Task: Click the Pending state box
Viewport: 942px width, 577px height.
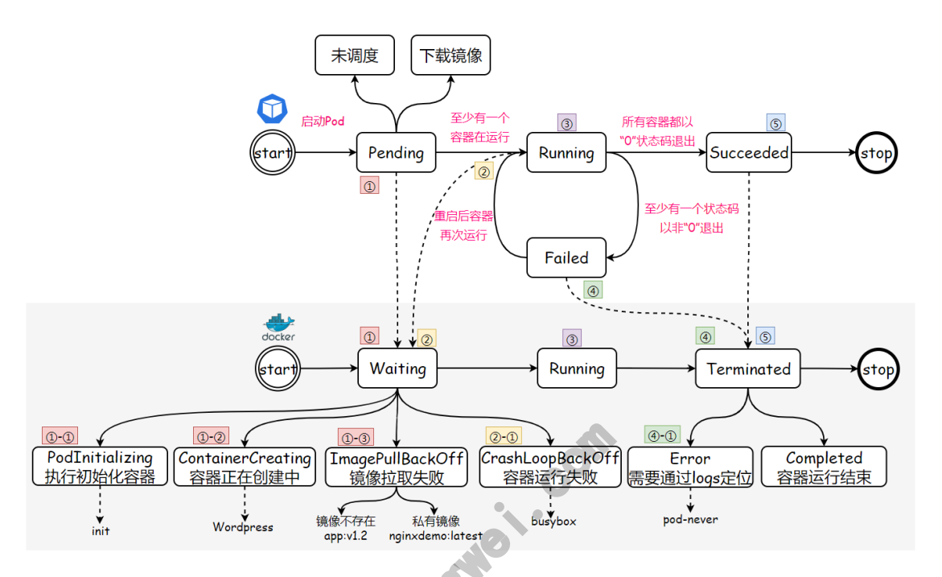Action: tap(396, 153)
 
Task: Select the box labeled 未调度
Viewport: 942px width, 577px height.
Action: tap(354, 56)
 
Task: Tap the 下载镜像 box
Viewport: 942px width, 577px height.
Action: tap(450, 56)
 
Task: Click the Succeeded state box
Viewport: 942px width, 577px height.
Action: tap(749, 153)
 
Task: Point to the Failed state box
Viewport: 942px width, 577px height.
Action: tap(566, 258)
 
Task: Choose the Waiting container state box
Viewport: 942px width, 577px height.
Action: tap(397, 369)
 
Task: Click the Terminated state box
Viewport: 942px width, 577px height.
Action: tap(748, 369)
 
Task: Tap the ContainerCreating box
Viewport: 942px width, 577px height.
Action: tap(245, 467)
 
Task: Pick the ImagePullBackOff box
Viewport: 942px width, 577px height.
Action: tap(397, 467)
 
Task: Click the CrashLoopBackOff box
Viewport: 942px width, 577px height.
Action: tap(550, 467)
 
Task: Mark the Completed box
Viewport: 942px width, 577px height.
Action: tap(824, 467)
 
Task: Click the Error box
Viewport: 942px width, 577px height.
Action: tap(690, 467)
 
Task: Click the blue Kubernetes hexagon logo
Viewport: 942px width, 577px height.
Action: tap(272, 109)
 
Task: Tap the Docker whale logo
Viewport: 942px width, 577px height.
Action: tap(278, 324)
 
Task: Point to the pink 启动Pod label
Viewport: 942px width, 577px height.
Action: tap(323, 122)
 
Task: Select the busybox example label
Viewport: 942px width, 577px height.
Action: tap(553, 521)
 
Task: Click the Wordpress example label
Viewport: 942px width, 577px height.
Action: tap(243, 527)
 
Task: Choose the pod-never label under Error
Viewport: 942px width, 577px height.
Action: tap(690, 519)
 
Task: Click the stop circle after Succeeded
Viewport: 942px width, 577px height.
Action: tap(876, 153)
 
